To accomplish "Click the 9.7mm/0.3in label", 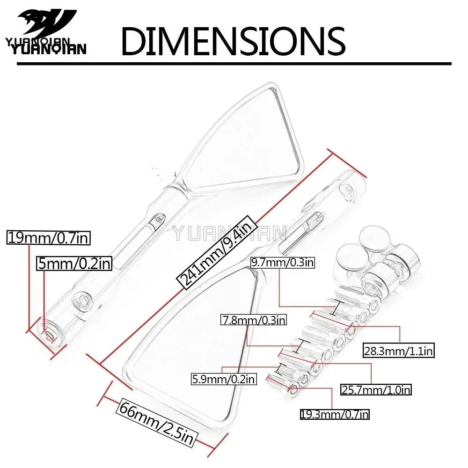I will click(x=282, y=262).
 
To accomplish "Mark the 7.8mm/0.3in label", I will click(x=254, y=320).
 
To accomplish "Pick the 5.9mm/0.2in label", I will click(x=223, y=379).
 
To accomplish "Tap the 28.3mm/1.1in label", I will click(x=398, y=351).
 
